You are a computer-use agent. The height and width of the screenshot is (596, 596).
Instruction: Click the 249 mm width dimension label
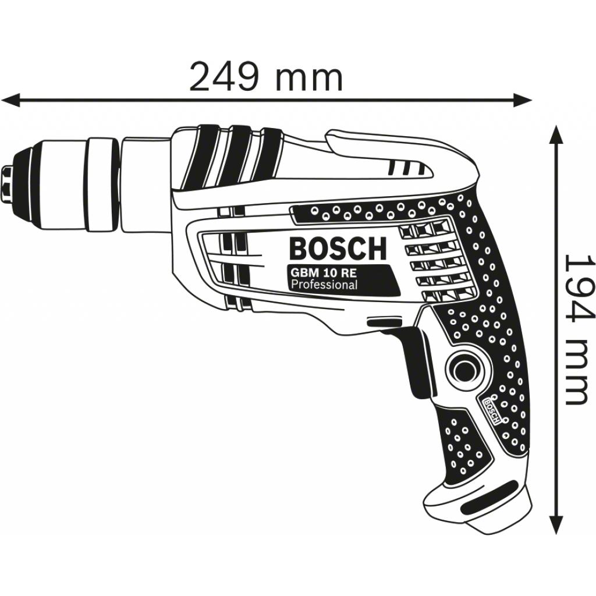click(x=266, y=78)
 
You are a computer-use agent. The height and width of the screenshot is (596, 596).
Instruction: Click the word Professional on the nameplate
click(x=324, y=285)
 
